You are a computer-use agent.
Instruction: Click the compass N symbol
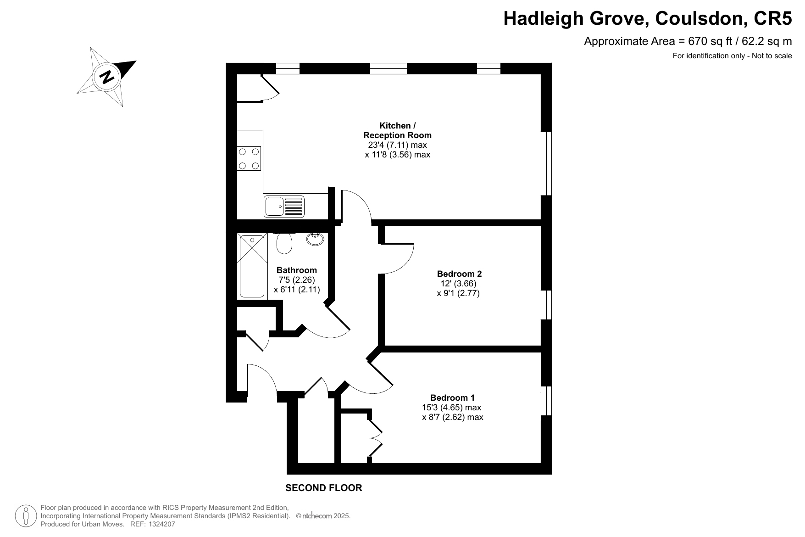(107, 77)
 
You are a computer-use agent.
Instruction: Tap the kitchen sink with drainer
(284, 206)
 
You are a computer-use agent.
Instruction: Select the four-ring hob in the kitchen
(249, 158)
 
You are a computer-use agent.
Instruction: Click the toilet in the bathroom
(284, 243)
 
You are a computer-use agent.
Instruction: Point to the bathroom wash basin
(315, 238)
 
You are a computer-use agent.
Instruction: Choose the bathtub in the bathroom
(252, 266)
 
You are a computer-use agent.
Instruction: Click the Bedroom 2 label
(459, 274)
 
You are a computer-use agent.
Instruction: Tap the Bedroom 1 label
(452, 398)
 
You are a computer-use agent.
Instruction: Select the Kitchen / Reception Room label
(397, 130)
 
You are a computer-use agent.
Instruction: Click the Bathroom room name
(296, 270)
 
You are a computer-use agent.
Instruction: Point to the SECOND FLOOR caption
(324, 488)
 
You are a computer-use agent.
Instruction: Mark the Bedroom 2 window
(546, 305)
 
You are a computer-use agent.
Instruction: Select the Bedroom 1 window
(546, 401)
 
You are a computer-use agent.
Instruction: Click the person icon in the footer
(26, 516)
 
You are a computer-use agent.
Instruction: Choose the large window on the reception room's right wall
(546, 163)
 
